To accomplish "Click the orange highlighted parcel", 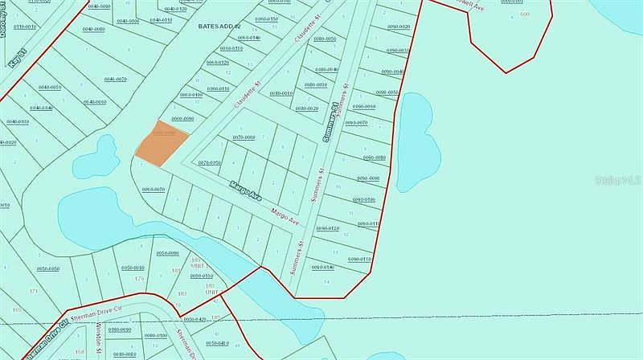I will (162, 143).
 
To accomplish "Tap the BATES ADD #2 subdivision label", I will (219, 26).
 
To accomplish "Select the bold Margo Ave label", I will (245, 191).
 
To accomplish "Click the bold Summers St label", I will (328, 124).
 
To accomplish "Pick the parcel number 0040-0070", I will (117, 80).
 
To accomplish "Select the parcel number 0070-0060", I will (244, 137).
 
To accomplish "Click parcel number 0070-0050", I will (210, 162).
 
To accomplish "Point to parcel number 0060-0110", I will (219, 88).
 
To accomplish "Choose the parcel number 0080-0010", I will (315, 84).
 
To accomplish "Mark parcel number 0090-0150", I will (359, 259).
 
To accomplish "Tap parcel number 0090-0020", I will (399, 27).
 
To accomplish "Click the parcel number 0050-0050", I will (48, 268).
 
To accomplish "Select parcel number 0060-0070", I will (154, 189).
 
